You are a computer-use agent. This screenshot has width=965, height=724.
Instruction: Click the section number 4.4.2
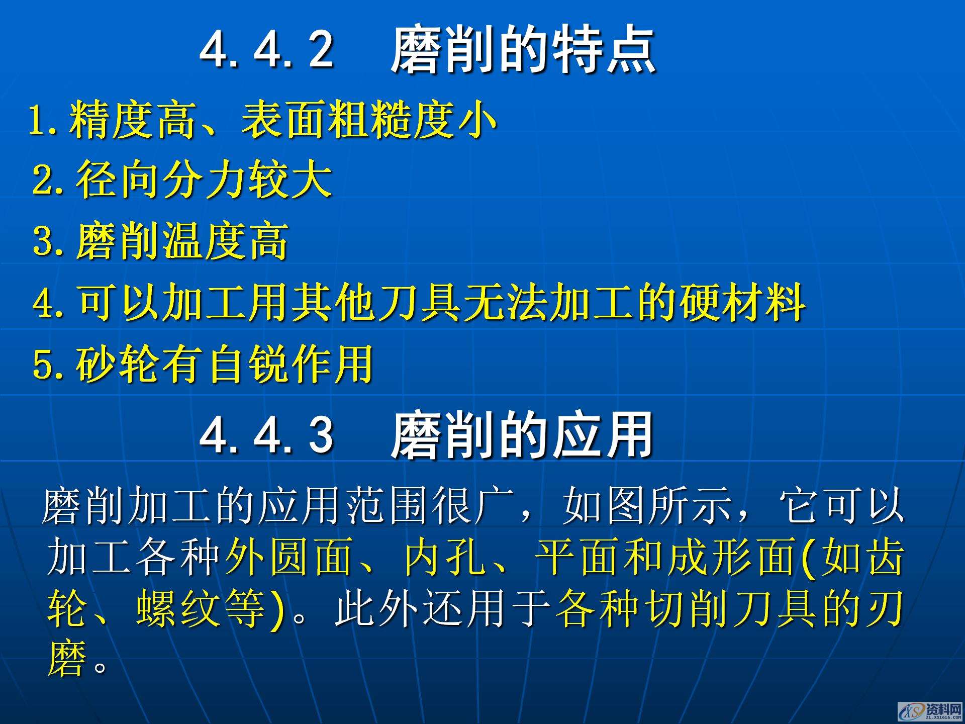tap(266, 49)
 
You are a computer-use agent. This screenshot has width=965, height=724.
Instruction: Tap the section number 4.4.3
tap(266, 434)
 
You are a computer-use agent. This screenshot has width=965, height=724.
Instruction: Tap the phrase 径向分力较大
tap(204, 180)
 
